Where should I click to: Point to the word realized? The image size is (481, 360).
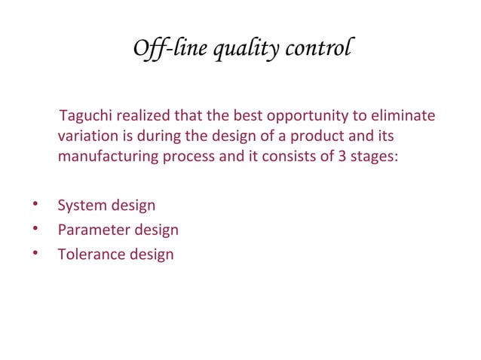145,117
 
